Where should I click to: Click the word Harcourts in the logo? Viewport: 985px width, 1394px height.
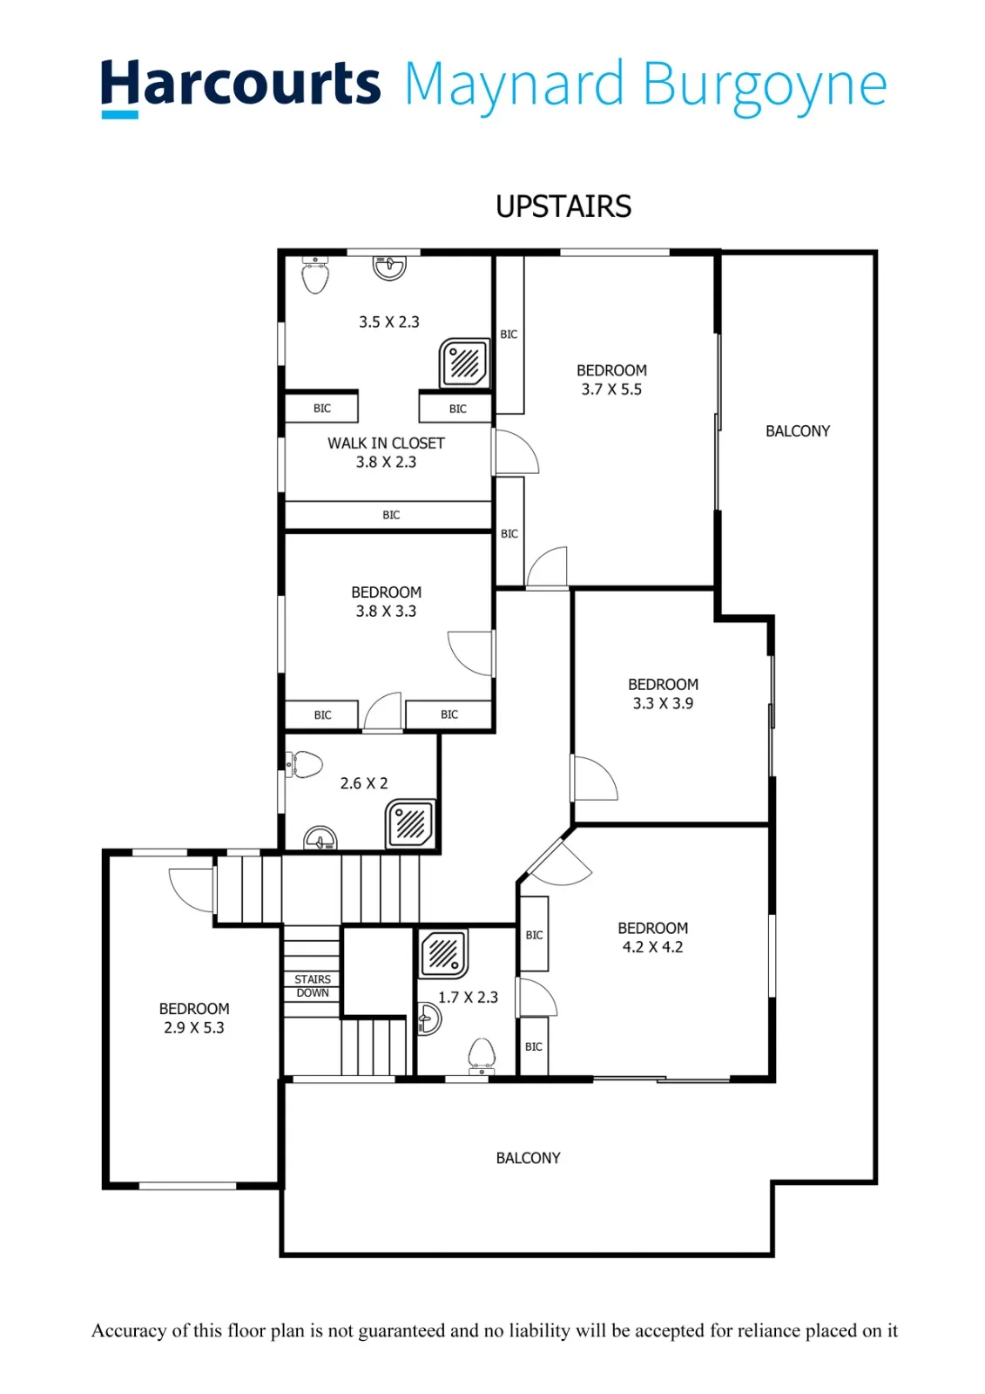click(240, 84)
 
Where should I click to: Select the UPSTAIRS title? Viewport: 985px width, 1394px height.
click(563, 206)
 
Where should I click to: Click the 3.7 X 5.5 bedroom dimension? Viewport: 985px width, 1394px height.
click(611, 389)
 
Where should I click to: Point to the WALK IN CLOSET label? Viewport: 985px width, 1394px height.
click(386, 443)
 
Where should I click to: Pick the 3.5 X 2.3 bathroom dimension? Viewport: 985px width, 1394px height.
click(389, 321)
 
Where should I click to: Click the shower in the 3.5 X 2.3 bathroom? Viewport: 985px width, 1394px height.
click(464, 363)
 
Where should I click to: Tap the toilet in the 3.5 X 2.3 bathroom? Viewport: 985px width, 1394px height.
click(315, 275)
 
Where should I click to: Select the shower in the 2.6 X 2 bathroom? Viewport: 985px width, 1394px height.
click(409, 824)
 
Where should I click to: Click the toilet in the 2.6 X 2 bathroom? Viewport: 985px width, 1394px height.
click(304, 764)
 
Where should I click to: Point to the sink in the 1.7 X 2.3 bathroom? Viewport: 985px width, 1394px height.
click(429, 1019)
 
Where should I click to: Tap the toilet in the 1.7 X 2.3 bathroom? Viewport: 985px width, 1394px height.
click(482, 1056)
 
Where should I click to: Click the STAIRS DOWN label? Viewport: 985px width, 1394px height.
click(313, 985)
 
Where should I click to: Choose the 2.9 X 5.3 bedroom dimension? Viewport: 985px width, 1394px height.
click(193, 1027)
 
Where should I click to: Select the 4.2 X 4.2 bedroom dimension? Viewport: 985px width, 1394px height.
click(652, 947)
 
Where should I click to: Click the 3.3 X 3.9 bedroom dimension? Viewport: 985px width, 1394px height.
click(663, 703)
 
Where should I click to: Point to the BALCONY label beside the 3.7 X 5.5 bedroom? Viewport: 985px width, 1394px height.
click(797, 431)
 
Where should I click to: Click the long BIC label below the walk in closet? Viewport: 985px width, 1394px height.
click(391, 515)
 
